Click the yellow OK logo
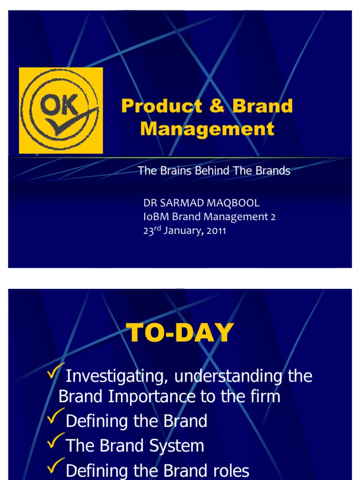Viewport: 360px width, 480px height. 61,110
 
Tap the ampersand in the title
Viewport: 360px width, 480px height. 217,106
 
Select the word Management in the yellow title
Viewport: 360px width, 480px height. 207,129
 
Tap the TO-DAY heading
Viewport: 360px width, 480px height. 180,334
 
